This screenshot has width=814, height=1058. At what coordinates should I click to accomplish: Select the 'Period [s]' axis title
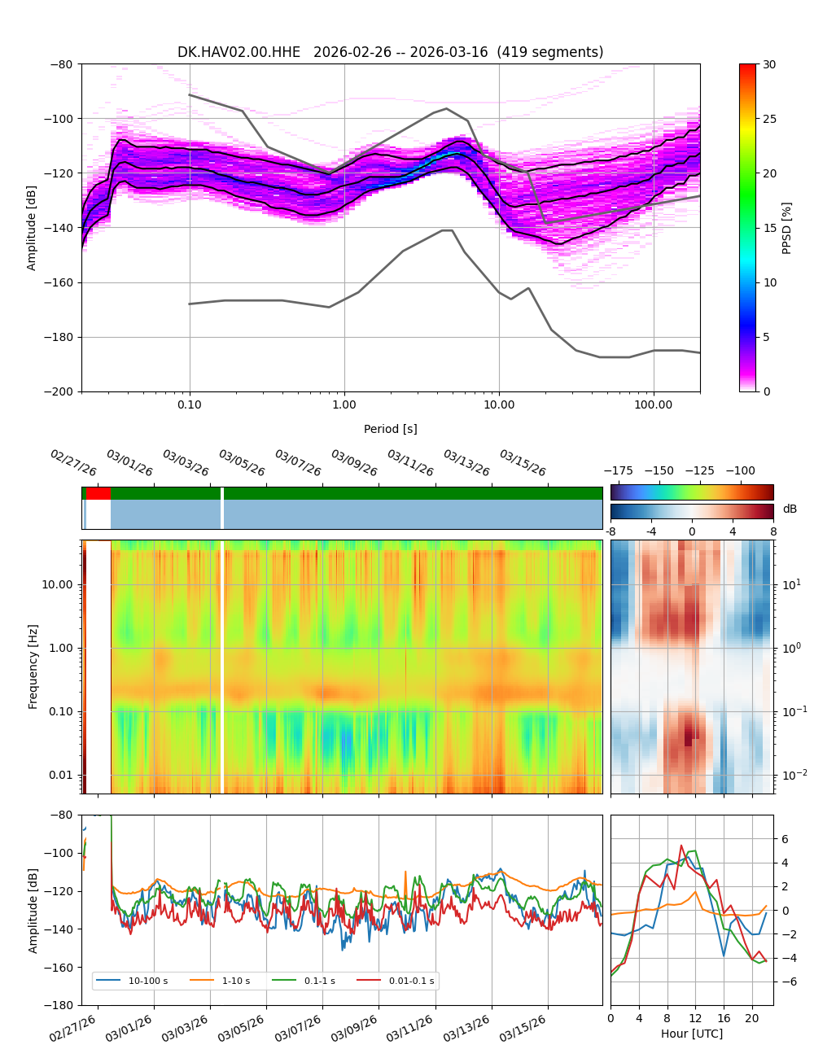tap(390, 429)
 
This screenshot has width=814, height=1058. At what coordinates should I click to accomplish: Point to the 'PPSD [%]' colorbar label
tap(787, 228)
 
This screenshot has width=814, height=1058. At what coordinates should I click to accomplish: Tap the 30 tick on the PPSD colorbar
tap(768, 64)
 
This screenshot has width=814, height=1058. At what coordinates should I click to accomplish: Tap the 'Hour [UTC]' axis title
tap(691, 1034)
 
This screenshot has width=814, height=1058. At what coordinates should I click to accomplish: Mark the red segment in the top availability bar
tap(98, 493)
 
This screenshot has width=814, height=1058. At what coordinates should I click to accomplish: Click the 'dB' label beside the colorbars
tap(790, 509)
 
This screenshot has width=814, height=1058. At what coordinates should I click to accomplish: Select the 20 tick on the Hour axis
tap(751, 1018)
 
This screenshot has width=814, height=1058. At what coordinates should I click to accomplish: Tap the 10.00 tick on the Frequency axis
tap(57, 584)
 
